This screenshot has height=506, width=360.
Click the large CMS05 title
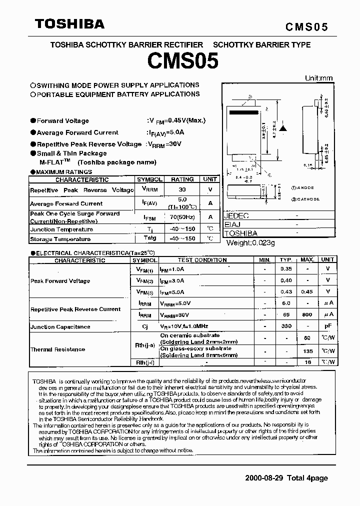(182, 61)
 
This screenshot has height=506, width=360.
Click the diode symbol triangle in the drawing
(283, 128)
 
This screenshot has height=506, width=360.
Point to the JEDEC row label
(236, 216)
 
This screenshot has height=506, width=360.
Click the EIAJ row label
(232, 224)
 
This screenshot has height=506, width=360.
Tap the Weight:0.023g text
(251, 242)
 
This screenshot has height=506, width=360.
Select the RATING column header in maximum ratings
(182, 179)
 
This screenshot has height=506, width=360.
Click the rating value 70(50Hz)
(182, 217)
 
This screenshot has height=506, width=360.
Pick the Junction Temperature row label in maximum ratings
(61, 229)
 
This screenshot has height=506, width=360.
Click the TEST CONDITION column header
(202, 260)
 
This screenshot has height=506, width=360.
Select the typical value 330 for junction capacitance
(286, 326)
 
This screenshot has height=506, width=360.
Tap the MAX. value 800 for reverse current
(307, 314)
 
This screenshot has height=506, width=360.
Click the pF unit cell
(328, 326)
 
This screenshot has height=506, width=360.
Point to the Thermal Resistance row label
(58, 349)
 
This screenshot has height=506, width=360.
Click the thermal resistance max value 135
(307, 351)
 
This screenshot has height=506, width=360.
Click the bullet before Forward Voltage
(33, 120)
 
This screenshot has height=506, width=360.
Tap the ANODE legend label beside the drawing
(305, 187)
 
